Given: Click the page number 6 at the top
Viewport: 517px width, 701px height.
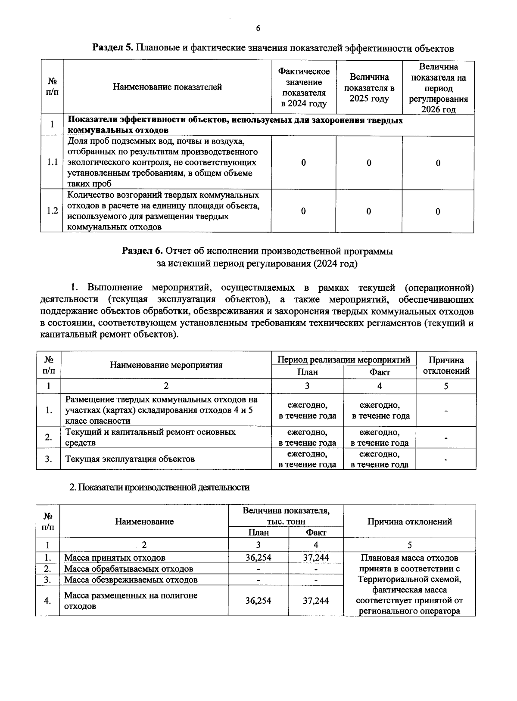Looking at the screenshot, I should [x=258, y=29].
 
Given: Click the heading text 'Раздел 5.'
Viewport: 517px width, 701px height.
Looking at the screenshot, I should [x=113, y=48].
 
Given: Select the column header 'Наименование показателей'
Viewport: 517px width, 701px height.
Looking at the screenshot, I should [x=167, y=87].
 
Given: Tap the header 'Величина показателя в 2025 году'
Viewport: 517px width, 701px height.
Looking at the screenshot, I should [x=369, y=88].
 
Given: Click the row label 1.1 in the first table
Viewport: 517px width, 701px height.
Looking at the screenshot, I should [x=52, y=162].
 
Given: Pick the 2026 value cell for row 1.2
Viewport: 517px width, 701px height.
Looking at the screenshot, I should [x=438, y=211].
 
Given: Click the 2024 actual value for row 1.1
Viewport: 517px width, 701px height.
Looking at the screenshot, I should [x=303, y=162].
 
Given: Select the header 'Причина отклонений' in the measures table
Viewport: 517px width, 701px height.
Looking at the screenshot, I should [x=446, y=365].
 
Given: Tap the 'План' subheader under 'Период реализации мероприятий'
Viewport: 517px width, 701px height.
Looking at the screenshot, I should [x=307, y=372].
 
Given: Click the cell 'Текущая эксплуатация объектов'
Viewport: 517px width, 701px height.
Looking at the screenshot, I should [x=130, y=459].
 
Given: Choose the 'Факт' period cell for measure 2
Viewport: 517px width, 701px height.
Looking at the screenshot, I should [x=379, y=437].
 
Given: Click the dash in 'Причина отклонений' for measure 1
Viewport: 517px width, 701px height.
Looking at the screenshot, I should [x=446, y=410].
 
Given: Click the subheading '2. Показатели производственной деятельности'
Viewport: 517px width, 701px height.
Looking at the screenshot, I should [x=159, y=487].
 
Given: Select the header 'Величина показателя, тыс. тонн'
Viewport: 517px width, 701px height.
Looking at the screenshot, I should [x=286, y=516].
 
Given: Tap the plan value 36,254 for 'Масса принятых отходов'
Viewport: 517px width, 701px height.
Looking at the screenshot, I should [x=258, y=558].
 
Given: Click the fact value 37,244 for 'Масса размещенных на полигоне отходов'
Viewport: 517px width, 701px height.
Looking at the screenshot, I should [x=315, y=601].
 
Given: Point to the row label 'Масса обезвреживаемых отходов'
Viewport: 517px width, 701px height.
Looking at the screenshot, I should [x=131, y=580].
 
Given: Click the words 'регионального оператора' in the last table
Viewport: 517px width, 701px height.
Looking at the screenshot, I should [x=409, y=611].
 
